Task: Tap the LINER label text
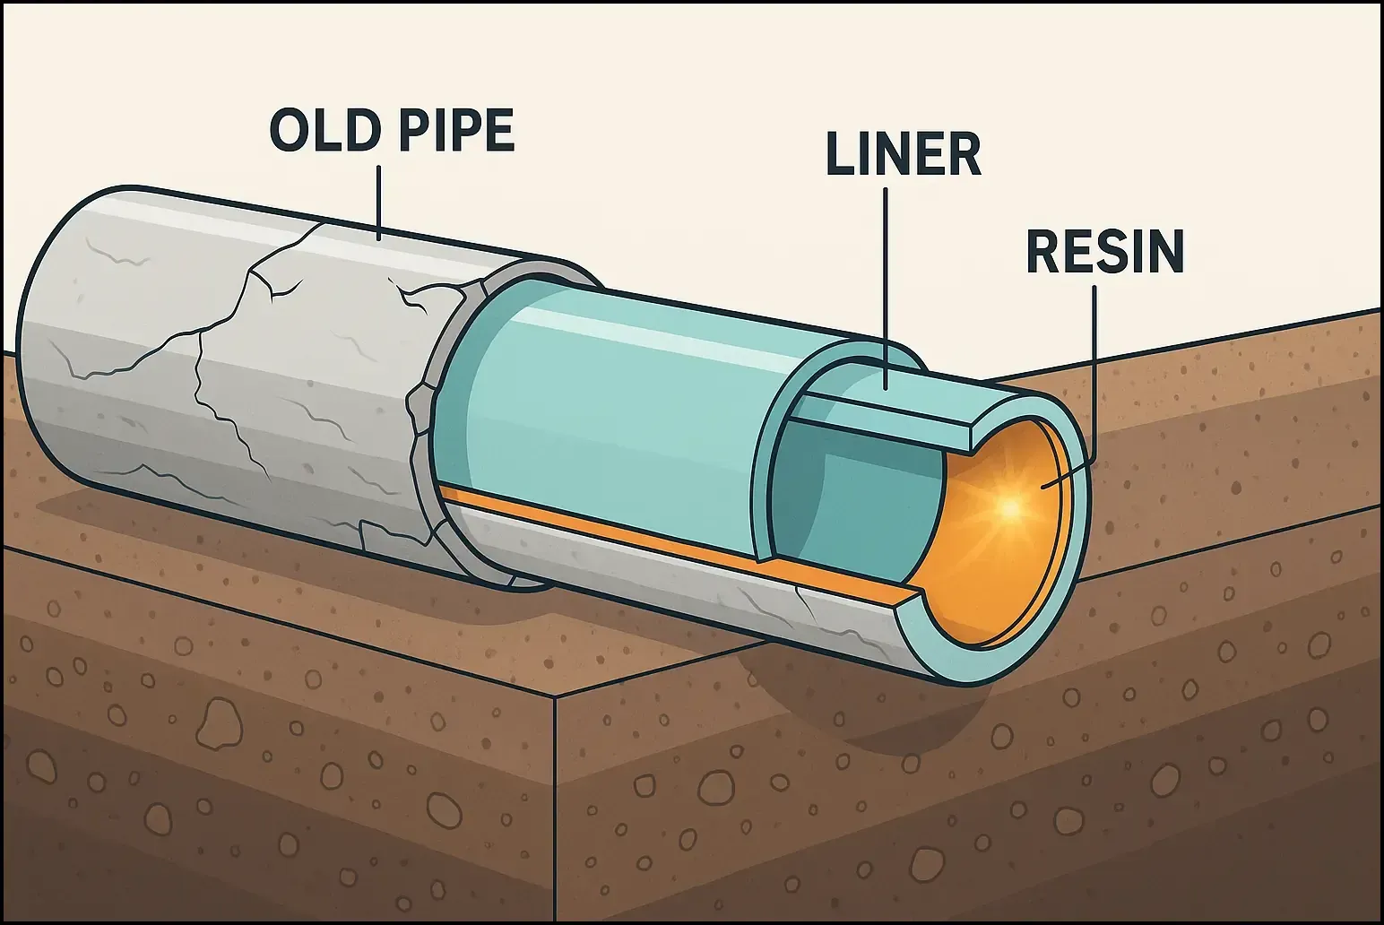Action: pyautogui.click(x=903, y=154)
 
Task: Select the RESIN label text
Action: pyautogui.click(x=1104, y=252)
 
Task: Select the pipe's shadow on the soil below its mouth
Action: pyautogui.click(x=807, y=690)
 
